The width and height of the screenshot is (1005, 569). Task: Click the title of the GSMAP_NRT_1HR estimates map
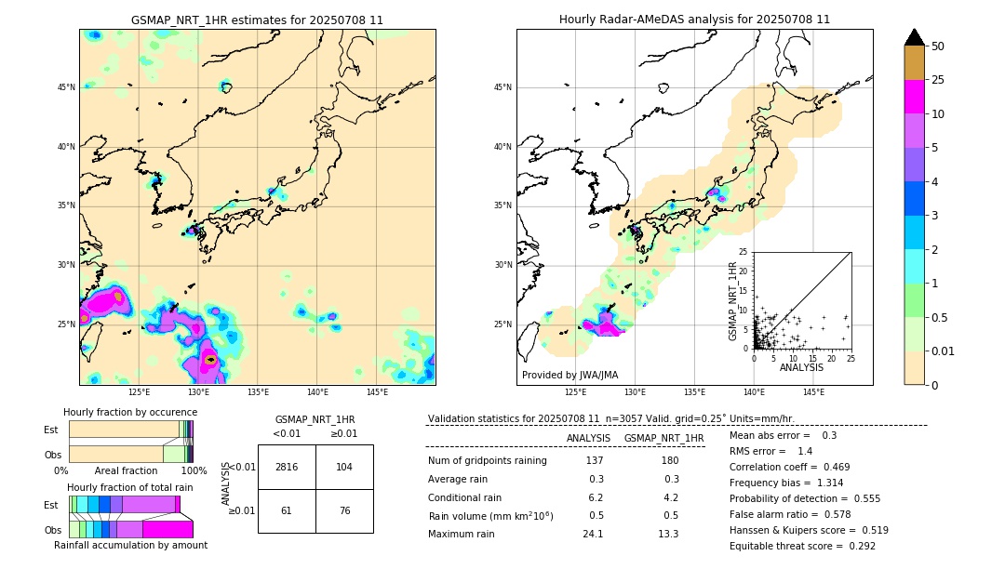(x=257, y=20)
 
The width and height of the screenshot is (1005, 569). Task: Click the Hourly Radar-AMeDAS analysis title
(x=694, y=20)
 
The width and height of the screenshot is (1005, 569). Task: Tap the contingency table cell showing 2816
(x=287, y=467)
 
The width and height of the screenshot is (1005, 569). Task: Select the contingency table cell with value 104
(x=344, y=467)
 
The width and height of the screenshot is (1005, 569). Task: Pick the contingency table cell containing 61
(x=287, y=510)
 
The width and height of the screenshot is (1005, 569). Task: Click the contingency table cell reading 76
(x=344, y=510)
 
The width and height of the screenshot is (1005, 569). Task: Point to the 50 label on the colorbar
(x=938, y=46)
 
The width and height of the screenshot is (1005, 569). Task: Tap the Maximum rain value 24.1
(x=595, y=534)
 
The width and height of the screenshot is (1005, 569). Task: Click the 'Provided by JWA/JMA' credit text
(x=569, y=376)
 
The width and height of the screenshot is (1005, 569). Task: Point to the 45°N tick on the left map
(x=66, y=87)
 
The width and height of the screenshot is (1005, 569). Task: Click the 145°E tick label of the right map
(x=813, y=392)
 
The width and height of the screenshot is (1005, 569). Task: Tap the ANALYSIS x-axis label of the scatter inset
(x=801, y=367)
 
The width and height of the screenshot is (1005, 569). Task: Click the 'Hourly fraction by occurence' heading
(x=129, y=412)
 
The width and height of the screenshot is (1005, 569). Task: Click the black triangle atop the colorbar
(x=915, y=37)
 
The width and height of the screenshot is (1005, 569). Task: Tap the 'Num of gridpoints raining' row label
(x=487, y=461)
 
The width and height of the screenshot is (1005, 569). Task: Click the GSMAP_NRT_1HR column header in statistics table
(x=663, y=438)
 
